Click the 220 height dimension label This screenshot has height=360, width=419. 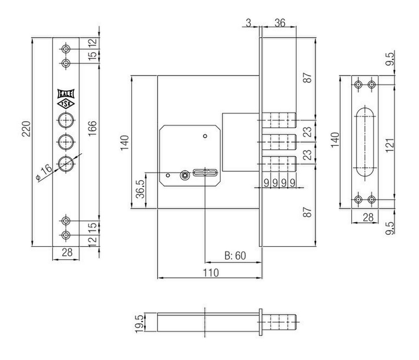(x=27, y=129)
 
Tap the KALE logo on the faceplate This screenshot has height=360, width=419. (x=66, y=94)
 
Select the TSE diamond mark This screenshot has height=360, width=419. (x=66, y=104)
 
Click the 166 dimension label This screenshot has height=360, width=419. (x=93, y=129)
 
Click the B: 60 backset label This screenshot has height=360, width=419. (x=235, y=256)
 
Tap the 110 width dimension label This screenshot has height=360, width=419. (x=211, y=273)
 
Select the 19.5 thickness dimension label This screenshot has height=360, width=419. (x=140, y=324)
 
